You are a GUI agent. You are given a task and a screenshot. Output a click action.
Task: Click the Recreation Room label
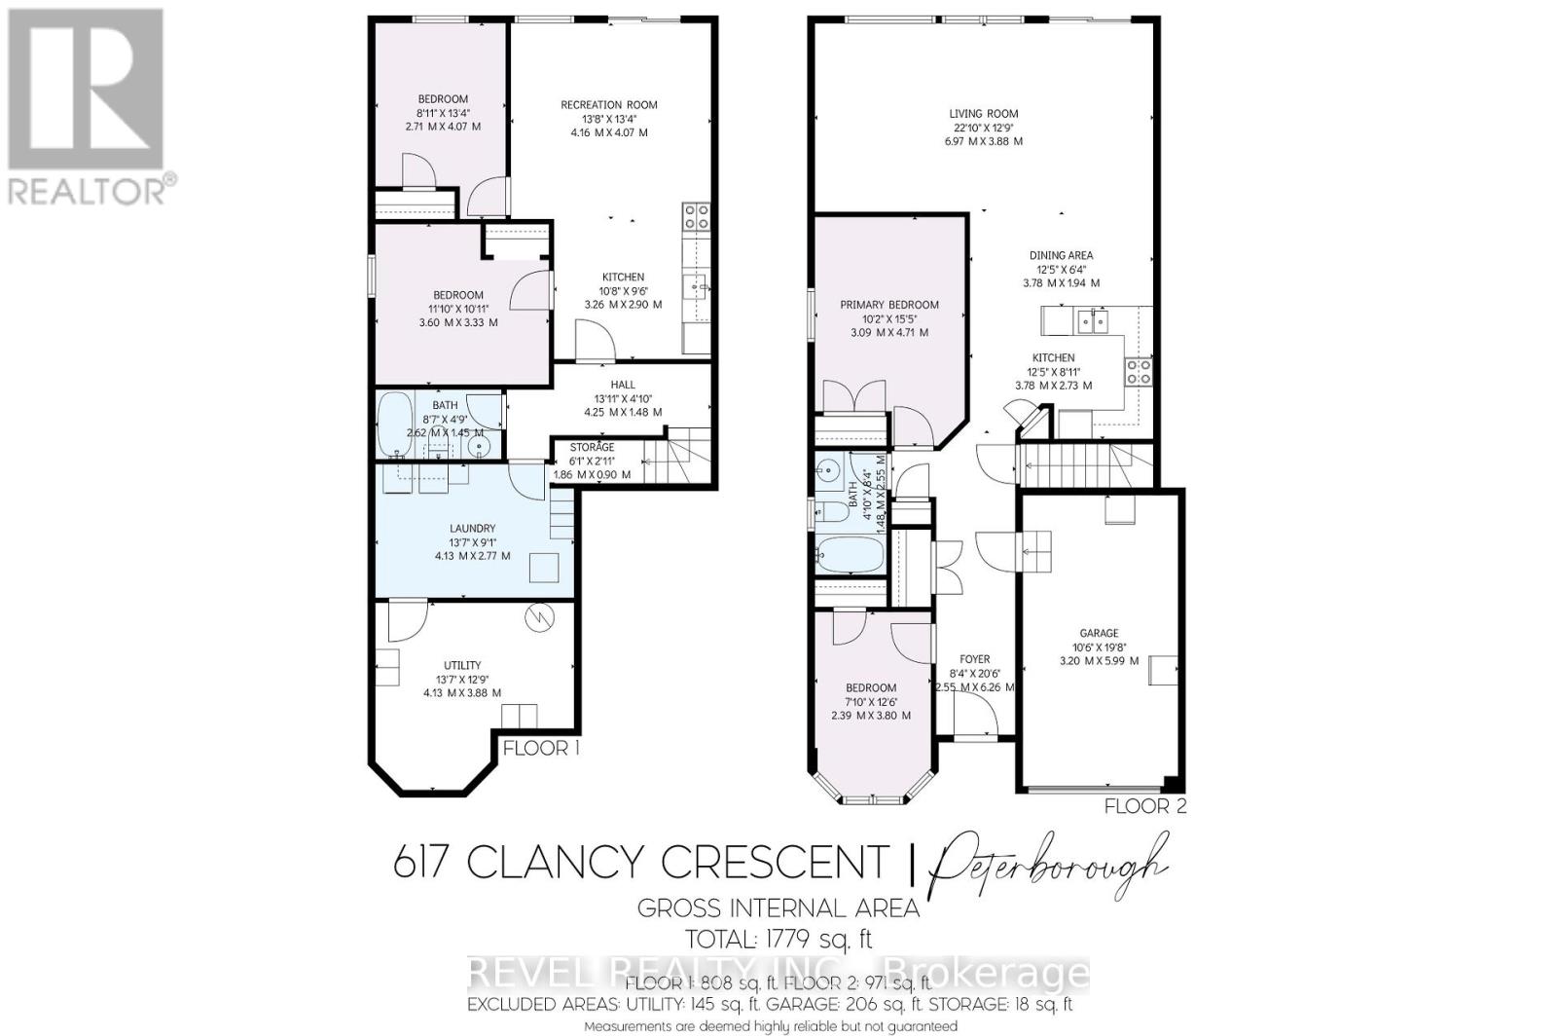click(609, 105)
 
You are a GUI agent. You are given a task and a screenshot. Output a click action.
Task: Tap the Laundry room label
click(473, 529)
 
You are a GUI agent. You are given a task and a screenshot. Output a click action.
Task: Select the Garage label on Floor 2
click(1099, 633)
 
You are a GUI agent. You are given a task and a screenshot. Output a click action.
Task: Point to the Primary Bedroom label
click(889, 305)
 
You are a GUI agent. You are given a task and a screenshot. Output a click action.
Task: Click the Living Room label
click(984, 114)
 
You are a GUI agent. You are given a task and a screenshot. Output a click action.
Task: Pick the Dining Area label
click(1061, 256)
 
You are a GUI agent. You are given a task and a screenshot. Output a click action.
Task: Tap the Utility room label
click(462, 666)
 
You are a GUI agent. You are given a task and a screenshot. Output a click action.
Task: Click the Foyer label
click(975, 659)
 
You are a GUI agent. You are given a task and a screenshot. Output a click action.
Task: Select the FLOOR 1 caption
click(541, 748)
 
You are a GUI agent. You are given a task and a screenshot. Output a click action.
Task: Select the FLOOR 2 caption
click(1145, 806)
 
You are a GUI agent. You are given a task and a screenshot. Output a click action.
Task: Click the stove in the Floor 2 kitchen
click(1139, 371)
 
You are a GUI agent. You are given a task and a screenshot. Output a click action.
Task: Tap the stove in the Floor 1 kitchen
click(696, 216)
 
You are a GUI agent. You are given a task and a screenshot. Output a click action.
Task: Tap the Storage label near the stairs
click(592, 447)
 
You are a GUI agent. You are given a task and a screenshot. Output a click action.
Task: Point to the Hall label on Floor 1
click(623, 385)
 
